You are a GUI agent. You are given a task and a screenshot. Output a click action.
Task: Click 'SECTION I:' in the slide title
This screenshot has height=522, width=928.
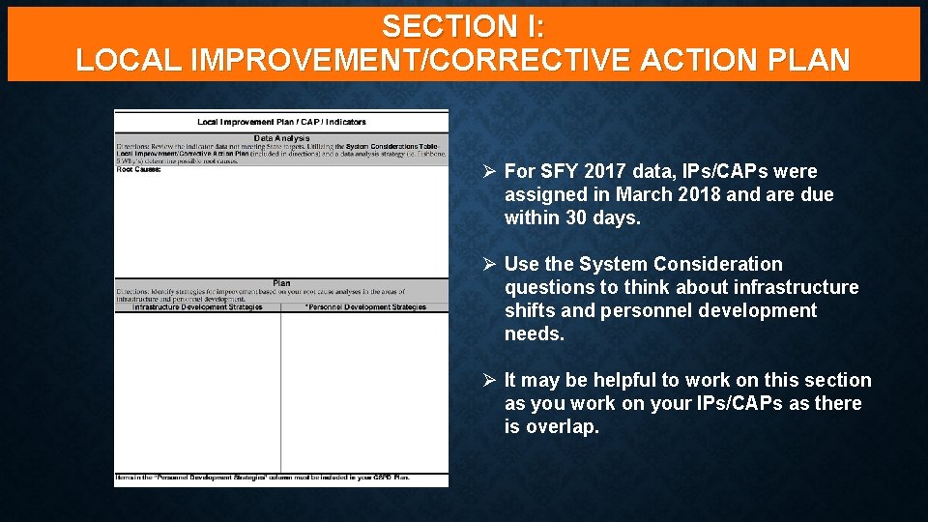(463, 25)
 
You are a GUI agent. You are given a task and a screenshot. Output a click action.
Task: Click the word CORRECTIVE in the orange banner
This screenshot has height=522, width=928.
(525, 60)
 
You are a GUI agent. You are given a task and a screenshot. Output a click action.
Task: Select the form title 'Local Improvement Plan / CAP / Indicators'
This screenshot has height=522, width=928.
(281, 122)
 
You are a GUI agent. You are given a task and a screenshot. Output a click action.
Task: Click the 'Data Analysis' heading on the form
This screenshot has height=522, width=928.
(281, 138)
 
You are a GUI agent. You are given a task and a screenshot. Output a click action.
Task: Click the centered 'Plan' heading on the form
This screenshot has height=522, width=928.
(281, 283)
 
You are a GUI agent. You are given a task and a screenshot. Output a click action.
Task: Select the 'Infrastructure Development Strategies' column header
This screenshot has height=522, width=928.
(197, 307)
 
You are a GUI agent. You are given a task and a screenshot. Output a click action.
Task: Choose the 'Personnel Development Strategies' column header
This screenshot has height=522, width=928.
(365, 307)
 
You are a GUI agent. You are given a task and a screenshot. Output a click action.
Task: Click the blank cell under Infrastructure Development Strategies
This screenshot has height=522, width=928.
(197, 391)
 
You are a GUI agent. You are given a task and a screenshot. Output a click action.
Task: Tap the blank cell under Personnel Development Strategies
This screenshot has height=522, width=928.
(365, 391)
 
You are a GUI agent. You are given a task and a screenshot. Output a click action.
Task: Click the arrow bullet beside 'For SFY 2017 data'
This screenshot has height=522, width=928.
(490, 172)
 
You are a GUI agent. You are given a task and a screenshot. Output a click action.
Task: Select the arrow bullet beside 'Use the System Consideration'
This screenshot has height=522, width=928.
(490, 265)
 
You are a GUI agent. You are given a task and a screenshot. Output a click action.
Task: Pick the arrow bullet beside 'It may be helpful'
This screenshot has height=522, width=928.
(490, 381)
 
